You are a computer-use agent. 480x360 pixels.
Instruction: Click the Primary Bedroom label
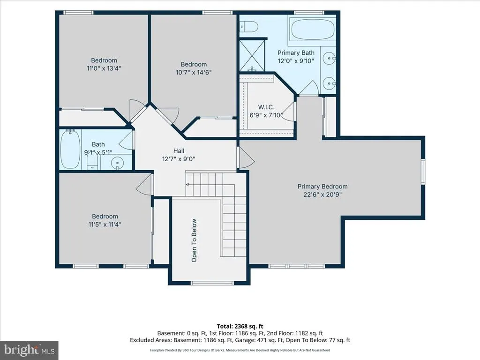click(x=322, y=187)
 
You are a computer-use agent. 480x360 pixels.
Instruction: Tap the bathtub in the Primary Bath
click(x=312, y=30)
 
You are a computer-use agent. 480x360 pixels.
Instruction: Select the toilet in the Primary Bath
click(x=248, y=27)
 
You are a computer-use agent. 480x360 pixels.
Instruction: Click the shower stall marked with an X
click(x=252, y=55)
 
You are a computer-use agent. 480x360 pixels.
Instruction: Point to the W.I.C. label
click(x=266, y=107)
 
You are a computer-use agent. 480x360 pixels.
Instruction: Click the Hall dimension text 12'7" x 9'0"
click(x=179, y=159)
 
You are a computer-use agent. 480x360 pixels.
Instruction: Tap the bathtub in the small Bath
click(x=70, y=149)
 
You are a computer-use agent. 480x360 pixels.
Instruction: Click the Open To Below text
click(x=194, y=240)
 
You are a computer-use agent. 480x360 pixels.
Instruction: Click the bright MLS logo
click(x=29, y=350)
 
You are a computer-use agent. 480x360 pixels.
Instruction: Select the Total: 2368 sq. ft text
click(x=240, y=326)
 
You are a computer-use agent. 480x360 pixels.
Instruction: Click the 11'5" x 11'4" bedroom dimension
click(x=105, y=225)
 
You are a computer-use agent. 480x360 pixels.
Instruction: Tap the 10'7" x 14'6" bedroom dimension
click(x=194, y=72)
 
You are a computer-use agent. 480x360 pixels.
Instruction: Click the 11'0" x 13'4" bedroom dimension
click(x=104, y=68)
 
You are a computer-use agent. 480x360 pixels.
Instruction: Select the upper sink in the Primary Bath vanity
click(x=330, y=58)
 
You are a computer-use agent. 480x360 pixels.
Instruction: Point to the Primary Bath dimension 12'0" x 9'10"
click(x=296, y=60)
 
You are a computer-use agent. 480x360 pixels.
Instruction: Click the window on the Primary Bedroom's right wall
click(x=423, y=172)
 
